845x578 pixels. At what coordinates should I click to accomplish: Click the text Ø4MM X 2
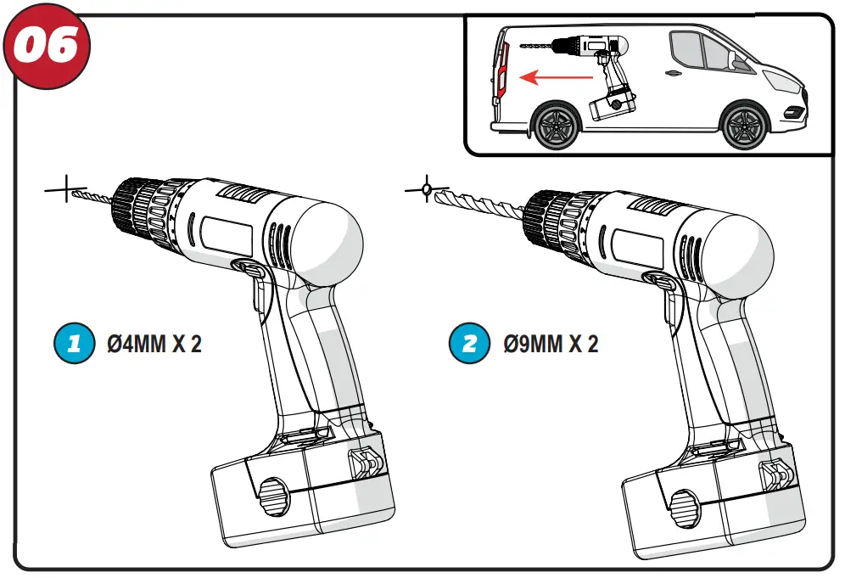(x=154, y=345)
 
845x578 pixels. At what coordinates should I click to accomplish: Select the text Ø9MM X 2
(x=551, y=345)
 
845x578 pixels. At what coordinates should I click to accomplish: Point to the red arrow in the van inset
(x=556, y=78)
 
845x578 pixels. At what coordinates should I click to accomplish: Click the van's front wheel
(x=744, y=126)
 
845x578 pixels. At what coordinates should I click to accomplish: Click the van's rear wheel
(x=557, y=126)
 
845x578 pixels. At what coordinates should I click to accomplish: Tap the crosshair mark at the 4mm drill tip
(x=65, y=190)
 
